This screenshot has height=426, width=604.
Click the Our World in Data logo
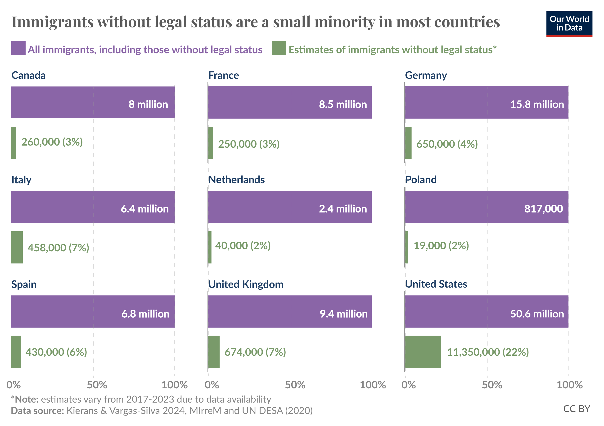pos(569,24)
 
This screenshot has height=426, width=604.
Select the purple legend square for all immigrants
pos(18,48)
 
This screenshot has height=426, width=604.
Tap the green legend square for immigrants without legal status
pos(279,48)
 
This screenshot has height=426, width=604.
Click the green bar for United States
pos(423,352)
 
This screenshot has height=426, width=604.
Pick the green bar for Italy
pos(17,247)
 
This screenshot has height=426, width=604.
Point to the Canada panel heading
pos(28,75)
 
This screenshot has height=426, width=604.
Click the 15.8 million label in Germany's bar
pos(537,105)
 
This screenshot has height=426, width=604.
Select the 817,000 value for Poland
pos(544,209)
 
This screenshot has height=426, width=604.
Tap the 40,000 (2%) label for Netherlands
pos(243,245)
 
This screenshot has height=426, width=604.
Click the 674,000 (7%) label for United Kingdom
pos(255,352)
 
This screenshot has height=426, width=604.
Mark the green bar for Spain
pos(16,352)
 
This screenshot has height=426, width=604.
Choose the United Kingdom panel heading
pos(246,284)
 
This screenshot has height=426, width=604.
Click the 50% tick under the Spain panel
pos(97,385)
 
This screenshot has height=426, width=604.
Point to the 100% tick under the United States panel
pos(569,385)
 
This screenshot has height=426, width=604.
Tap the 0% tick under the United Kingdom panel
pos(212,385)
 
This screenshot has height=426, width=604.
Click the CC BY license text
pos(576,409)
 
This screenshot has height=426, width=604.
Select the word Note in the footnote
pos(26,399)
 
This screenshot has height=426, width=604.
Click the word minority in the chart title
pos(345,22)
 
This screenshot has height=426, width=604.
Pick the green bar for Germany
pos(408,143)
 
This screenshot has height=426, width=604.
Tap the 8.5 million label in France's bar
pos(343,105)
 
